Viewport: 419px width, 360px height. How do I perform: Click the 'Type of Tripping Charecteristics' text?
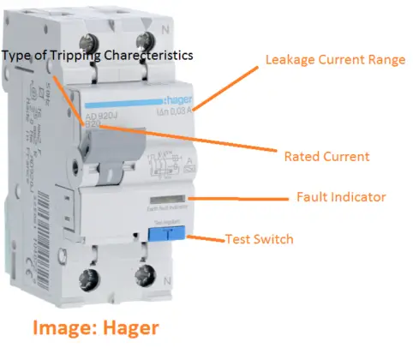[97, 55]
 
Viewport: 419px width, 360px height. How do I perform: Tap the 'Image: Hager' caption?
[94, 327]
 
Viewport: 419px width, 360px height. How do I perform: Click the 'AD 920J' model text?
[100, 115]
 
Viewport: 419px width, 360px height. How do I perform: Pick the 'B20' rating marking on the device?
[93, 124]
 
